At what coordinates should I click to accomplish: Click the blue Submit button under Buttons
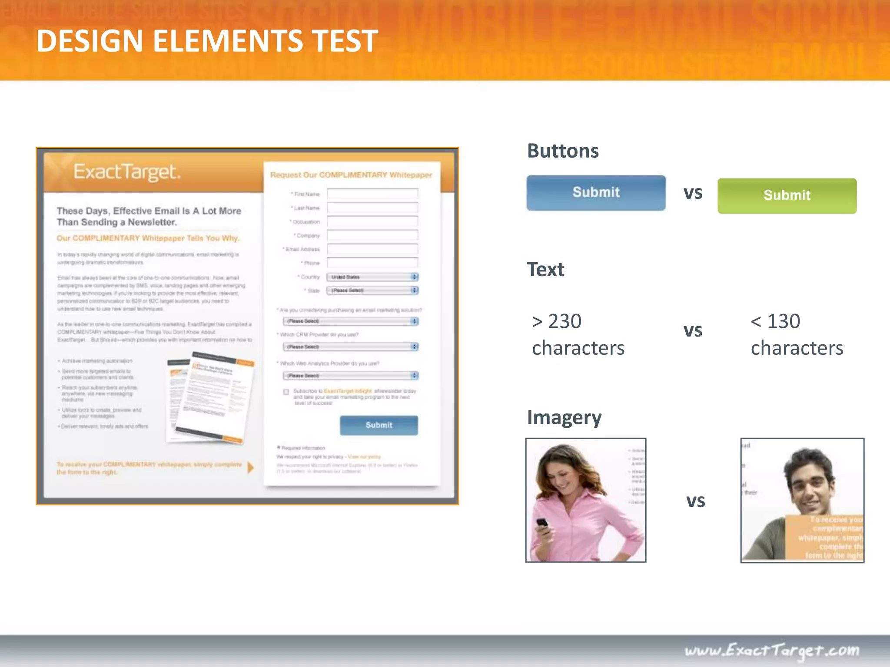(596, 192)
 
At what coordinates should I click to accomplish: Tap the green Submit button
(787, 195)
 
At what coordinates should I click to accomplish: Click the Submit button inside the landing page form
(379, 425)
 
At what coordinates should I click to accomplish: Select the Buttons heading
(563, 151)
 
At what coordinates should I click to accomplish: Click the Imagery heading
(564, 418)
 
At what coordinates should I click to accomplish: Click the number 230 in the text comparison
(565, 322)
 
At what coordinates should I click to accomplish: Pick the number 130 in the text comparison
(784, 322)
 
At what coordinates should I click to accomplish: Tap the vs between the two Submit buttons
(693, 193)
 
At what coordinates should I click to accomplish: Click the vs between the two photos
(695, 501)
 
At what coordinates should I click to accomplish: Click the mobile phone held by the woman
(542, 525)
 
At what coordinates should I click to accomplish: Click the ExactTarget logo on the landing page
(126, 172)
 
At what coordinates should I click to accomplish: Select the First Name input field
(372, 194)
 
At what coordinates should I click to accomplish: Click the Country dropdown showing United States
(372, 277)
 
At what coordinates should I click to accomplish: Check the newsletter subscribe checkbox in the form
(286, 392)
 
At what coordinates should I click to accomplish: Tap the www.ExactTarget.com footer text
(772, 650)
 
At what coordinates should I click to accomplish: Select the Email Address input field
(372, 249)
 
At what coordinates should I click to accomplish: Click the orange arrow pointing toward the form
(250, 468)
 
